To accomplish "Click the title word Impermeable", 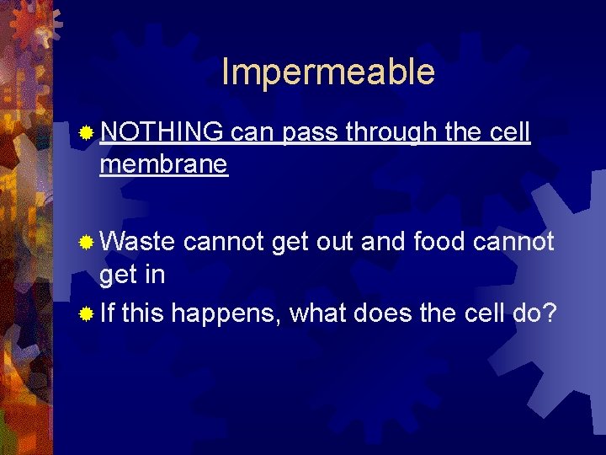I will (328, 72).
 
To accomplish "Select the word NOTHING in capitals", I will (161, 132).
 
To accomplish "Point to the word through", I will (390, 132).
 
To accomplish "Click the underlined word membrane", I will (163, 164).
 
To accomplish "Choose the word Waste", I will (137, 242).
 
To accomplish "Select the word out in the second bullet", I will (338, 242).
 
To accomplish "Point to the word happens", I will (226, 314).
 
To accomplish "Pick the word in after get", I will (154, 275).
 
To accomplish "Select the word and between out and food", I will (385, 242).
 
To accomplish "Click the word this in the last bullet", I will (144, 314).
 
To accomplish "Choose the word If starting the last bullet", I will (108, 314).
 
